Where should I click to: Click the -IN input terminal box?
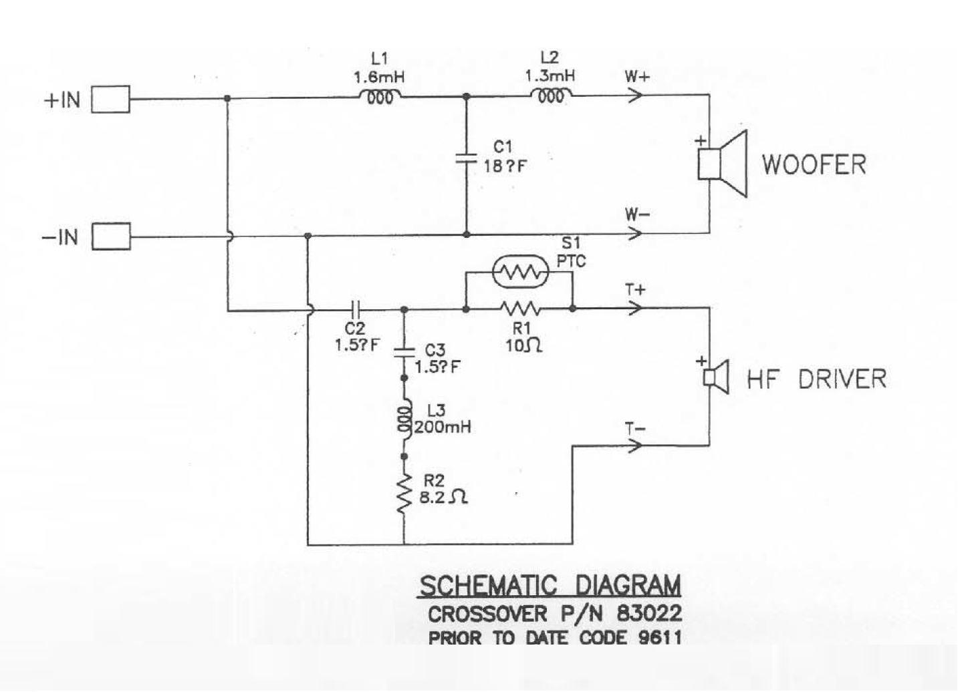pos(110,236)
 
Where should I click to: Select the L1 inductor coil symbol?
pos(380,97)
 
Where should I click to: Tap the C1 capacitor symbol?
pos(466,159)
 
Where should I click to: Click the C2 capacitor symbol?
pos(356,309)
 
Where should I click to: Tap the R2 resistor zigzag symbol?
pos(404,495)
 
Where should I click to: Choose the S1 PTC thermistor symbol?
pos(520,271)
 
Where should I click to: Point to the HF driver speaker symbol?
pos(716,377)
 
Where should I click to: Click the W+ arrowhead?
pos(636,95)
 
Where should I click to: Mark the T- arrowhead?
pos(636,445)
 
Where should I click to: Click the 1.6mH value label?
pos(379,77)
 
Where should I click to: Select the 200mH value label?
pos(443,427)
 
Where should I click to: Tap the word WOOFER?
pos(814,164)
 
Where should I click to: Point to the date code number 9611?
pos(659,637)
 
